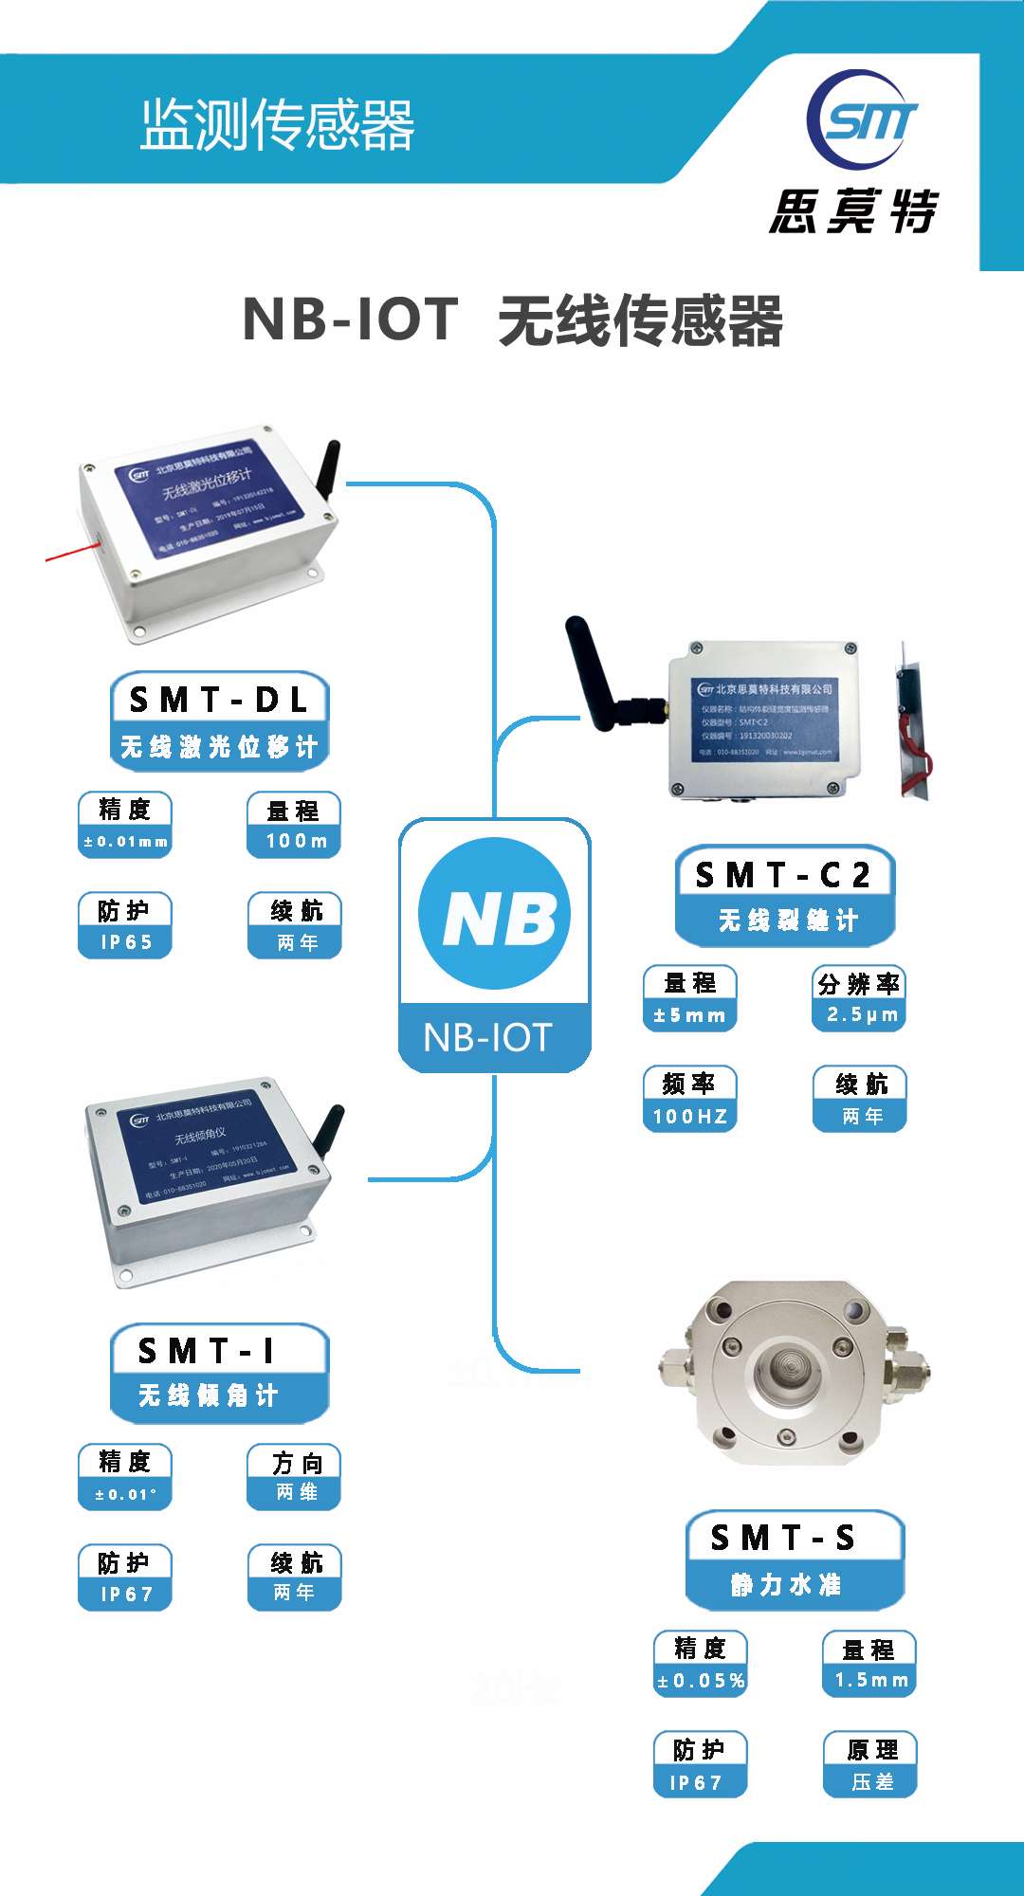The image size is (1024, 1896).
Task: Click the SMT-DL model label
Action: click(x=219, y=700)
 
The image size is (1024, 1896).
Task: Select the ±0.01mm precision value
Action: click(x=125, y=841)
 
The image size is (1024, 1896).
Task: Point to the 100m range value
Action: click(x=295, y=841)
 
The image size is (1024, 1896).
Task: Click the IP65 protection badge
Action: click(x=125, y=942)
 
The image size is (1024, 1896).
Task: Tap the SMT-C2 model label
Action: click(x=783, y=874)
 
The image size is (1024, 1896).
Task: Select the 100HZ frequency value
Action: click(x=690, y=1117)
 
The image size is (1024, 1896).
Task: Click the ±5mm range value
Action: click(x=690, y=1015)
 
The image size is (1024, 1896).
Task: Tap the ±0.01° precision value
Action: click(x=125, y=1495)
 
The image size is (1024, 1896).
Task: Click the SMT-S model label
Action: click(x=783, y=1537)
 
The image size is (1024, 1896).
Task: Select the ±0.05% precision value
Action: click(x=701, y=1681)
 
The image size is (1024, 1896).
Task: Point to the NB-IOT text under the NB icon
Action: click(x=488, y=1037)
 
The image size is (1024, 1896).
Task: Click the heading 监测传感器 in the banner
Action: click(x=278, y=124)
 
